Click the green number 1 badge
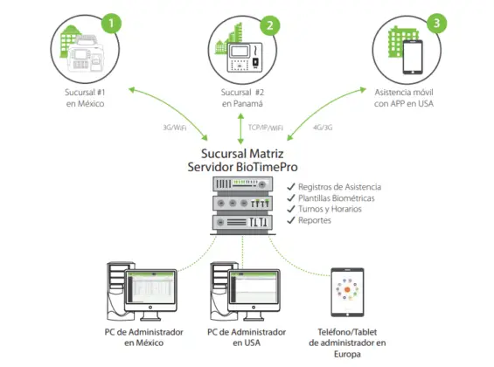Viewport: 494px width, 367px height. [111, 23]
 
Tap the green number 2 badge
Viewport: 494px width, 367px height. [271, 25]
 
